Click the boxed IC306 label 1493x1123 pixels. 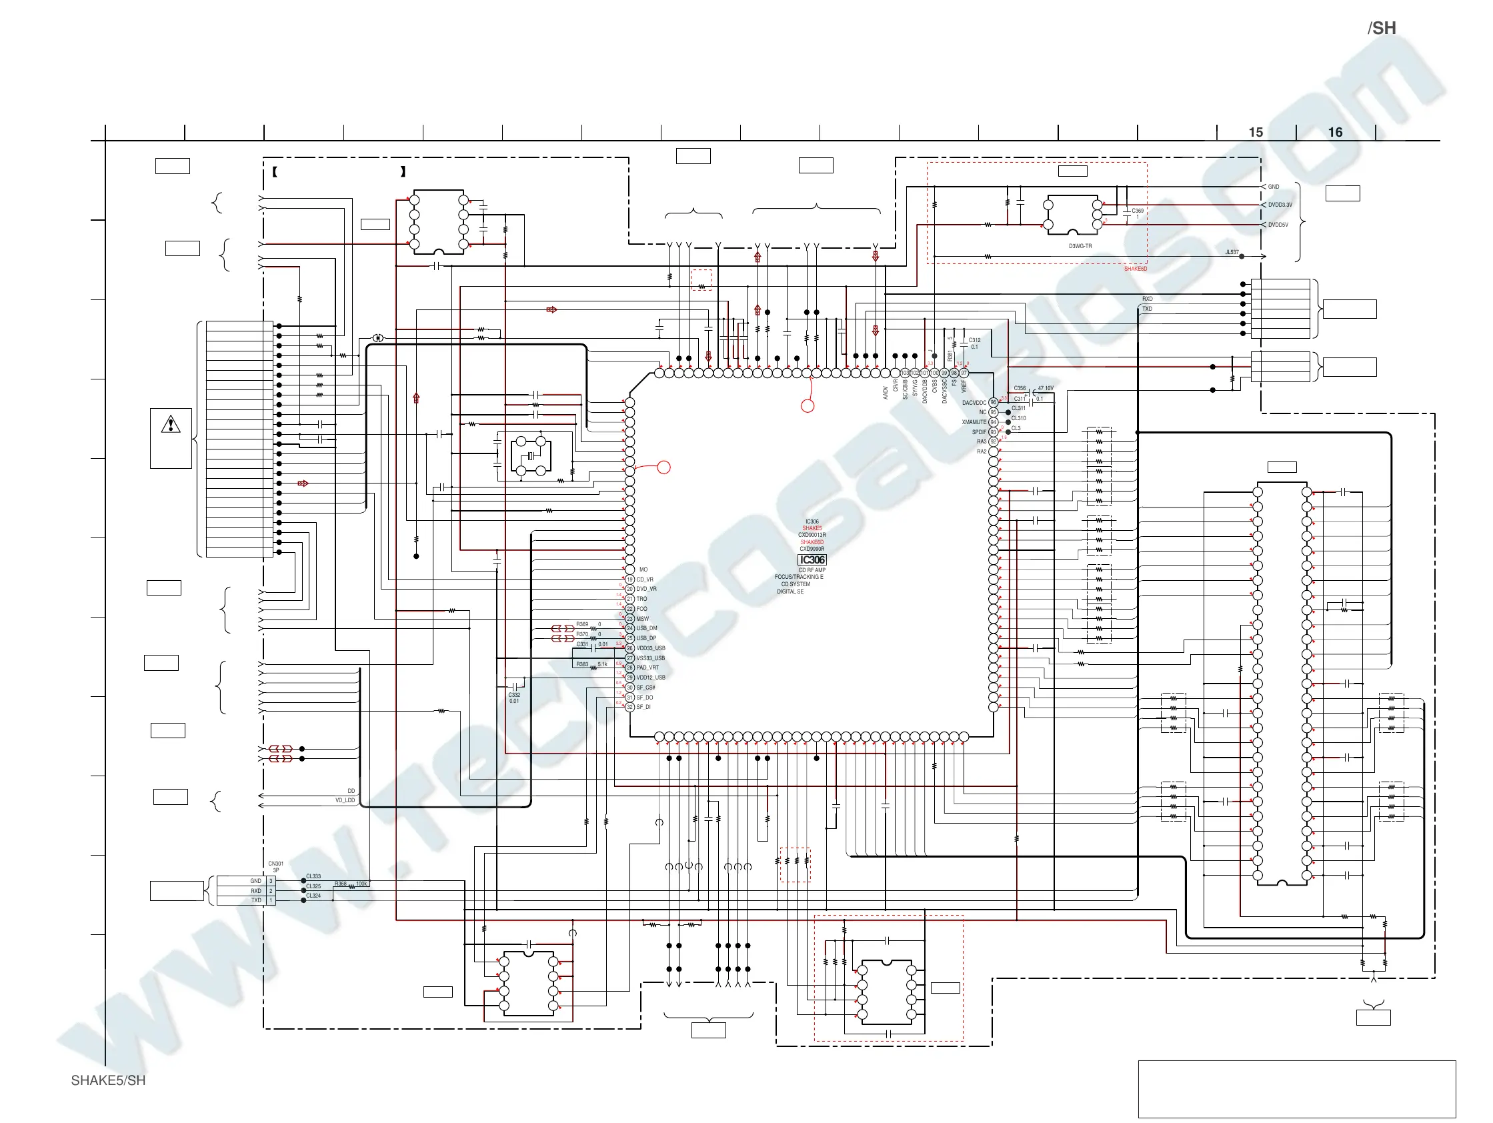tap(812, 560)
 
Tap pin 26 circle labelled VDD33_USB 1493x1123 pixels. tap(629, 648)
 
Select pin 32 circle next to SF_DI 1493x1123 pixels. tap(629, 708)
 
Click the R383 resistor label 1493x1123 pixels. tap(582, 665)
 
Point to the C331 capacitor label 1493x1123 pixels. tap(582, 644)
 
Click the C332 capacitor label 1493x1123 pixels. tap(514, 694)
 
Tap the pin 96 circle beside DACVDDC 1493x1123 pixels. tap(993, 403)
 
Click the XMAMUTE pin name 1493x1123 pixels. tap(974, 423)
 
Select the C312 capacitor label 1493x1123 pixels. tap(975, 341)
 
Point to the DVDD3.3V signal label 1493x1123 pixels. tap(1280, 205)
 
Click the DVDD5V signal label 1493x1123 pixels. tap(1278, 225)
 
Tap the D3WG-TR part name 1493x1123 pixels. tap(1080, 246)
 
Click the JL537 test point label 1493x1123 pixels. tap(1232, 252)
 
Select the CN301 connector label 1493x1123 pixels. tap(275, 864)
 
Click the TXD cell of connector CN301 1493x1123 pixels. tap(257, 900)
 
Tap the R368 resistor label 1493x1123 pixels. tap(341, 884)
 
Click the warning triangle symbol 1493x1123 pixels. tap(171, 425)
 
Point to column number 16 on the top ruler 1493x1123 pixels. tap(1335, 132)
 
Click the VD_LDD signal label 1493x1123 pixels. tap(345, 800)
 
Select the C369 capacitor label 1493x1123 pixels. tap(1138, 211)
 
